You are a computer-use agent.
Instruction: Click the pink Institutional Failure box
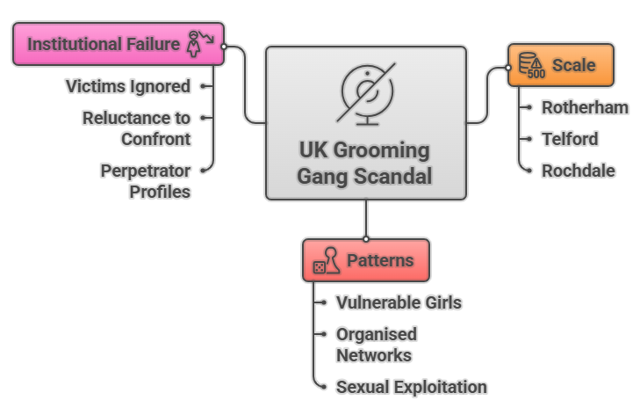click(x=118, y=44)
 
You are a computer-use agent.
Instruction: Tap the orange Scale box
click(x=560, y=65)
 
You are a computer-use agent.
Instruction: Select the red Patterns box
click(x=365, y=260)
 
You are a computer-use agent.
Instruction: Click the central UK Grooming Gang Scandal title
click(x=364, y=163)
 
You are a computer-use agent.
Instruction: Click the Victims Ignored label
click(x=128, y=86)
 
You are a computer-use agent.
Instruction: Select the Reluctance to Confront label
click(x=136, y=127)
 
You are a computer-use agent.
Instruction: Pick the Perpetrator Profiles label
click(x=145, y=179)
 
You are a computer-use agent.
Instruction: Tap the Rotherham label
click(x=585, y=107)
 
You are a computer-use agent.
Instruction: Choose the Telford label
click(x=570, y=139)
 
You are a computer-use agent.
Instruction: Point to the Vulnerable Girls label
click(x=399, y=302)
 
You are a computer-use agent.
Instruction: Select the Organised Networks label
click(x=376, y=345)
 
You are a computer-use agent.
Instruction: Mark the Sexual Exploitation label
click(x=411, y=387)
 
